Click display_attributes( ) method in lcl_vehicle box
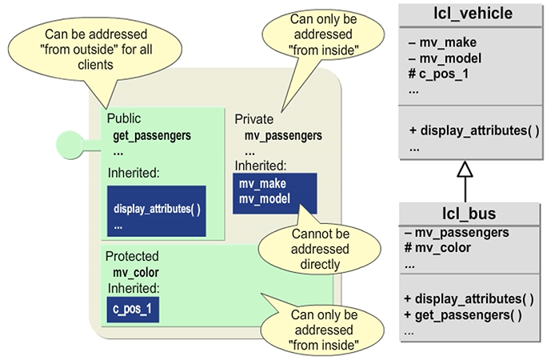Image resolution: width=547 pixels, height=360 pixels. [473, 130]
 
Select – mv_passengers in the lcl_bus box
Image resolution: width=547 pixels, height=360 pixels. [457, 233]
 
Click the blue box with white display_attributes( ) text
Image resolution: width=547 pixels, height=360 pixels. [156, 210]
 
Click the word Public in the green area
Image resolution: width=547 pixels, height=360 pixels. [124, 119]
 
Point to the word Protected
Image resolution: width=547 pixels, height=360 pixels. [132, 257]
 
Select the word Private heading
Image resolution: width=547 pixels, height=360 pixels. [254, 119]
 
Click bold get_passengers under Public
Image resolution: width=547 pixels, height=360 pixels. [152, 134]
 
